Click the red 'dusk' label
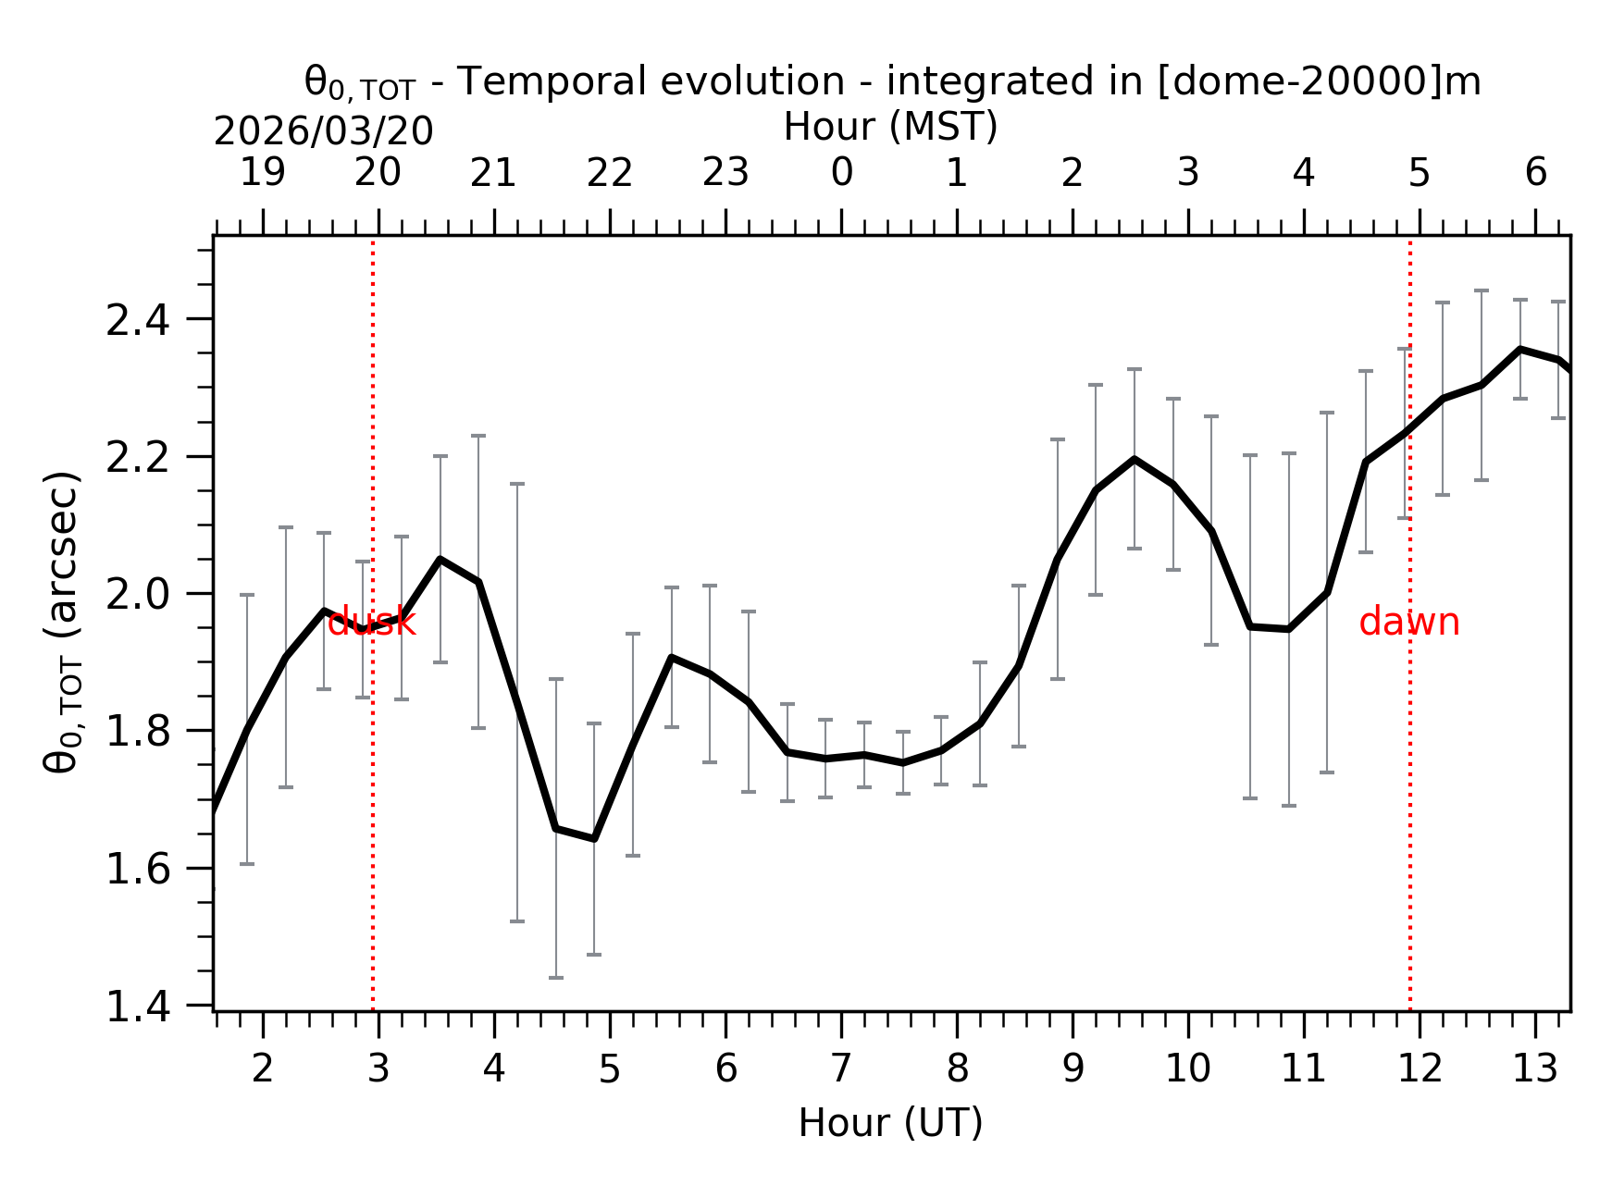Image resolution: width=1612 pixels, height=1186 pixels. click(x=371, y=623)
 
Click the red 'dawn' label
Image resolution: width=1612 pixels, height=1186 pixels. click(x=1408, y=623)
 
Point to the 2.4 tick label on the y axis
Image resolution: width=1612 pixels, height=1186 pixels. click(x=138, y=321)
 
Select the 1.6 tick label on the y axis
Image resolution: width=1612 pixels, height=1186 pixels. click(x=138, y=870)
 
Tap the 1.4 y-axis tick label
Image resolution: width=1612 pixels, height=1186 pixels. click(x=138, y=1007)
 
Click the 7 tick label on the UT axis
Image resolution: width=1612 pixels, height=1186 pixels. click(x=840, y=1069)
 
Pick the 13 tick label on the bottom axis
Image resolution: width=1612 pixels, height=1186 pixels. click(x=1534, y=1069)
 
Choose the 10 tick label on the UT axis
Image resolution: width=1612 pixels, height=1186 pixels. click(x=1187, y=1069)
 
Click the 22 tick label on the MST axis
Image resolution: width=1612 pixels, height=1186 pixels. click(x=609, y=173)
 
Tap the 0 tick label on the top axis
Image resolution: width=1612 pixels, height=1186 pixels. click(x=841, y=172)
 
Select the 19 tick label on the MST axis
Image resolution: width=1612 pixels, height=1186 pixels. click(x=262, y=172)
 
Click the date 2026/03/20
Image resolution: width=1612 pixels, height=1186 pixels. click(x=323, y=131)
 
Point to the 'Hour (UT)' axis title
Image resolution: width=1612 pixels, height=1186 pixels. click(x=890, y=1123)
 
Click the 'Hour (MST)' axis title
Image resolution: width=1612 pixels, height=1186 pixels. click(x=890, y=127)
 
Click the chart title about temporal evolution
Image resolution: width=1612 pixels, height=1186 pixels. click(x=892, y=82)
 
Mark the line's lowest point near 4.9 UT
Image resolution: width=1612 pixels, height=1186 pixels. click(x=594, y=838)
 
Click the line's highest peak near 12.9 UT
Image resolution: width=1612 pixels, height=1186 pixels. click(x=1519, y=350)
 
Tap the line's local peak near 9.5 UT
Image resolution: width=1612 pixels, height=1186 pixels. click(x=1134, y=459)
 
